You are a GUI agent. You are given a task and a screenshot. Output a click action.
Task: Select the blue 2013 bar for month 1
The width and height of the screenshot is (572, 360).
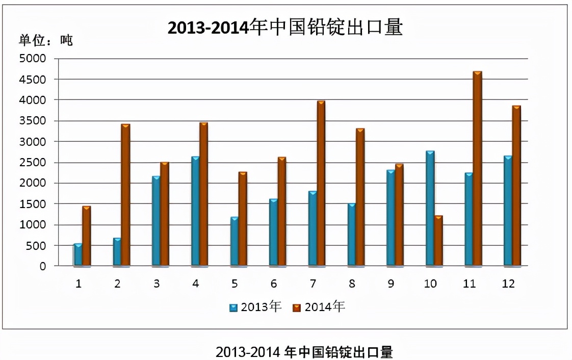[x=78, y=255]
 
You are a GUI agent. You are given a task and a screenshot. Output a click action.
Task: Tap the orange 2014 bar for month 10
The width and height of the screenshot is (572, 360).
[x=438, y=240]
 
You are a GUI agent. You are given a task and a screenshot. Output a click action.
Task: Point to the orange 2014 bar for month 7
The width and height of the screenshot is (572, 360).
[x=321, y=183]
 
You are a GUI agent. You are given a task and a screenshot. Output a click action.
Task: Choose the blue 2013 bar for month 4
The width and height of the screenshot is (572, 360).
[x=196, y=211]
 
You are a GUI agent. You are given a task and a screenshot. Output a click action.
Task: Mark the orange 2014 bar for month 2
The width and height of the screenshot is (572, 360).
[x=125, y=195]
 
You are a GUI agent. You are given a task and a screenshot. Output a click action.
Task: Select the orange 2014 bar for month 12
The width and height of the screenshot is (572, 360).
[x=516, y=186]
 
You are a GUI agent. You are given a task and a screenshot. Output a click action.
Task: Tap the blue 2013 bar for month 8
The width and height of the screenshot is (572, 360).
[x=352, y=235]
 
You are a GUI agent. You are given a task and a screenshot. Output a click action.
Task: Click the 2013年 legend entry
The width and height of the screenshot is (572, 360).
[x=255, y=307]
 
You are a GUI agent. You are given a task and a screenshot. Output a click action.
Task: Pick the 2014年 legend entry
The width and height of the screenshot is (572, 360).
[x=319, y=307]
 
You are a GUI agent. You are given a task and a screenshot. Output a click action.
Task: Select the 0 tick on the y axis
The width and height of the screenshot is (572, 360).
[x=43, y=266]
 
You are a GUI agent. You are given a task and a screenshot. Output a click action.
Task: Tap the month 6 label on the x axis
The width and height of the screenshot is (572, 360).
[x=274, y=284]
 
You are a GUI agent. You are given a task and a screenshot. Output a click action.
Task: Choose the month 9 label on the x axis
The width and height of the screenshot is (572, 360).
[x=391, y=284]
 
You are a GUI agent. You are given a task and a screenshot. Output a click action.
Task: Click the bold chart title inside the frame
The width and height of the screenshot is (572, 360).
[x=285, y=28]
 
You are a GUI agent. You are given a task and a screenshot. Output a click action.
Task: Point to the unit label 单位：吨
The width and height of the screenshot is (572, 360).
[x=46, y=40]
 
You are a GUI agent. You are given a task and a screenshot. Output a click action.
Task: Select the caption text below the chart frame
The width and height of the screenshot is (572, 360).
[x=304, y=352]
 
